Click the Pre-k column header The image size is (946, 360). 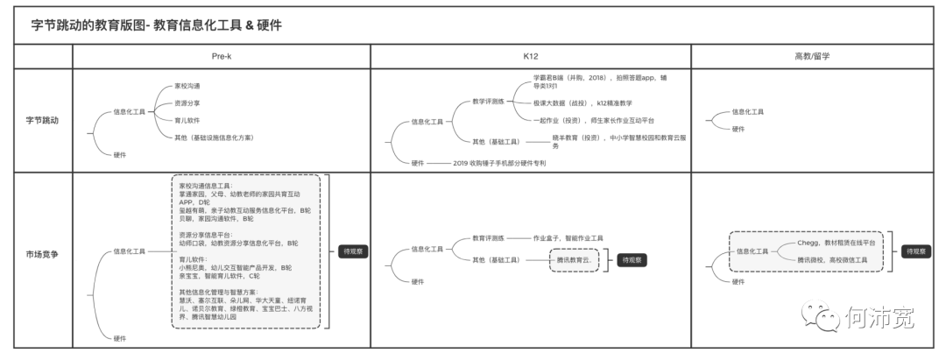pyautogui.click(x=222, y=55)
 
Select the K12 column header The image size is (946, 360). pyautogui.click(x=530, y=55)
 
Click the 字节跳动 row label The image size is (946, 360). pyautogui.click(x=41, y=120)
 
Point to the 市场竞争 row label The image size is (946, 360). pyautogui.click(x=41, y=253)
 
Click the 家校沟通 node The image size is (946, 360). pyautogui.click(x=187, y=86)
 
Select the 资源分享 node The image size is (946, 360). pyautogui.click(x=187, y=103)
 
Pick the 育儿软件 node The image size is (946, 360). pyautogui.click(x=187, y=120)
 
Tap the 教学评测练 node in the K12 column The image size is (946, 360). pyautogui.click(x=488, y=101)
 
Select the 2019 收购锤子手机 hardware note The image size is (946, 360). pyautogui.click(x=499, y=163)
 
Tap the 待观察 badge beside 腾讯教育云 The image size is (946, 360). pyautogui.click(x=628, y=260)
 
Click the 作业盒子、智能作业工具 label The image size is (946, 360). pyautogui.click(x=568, y=237)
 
